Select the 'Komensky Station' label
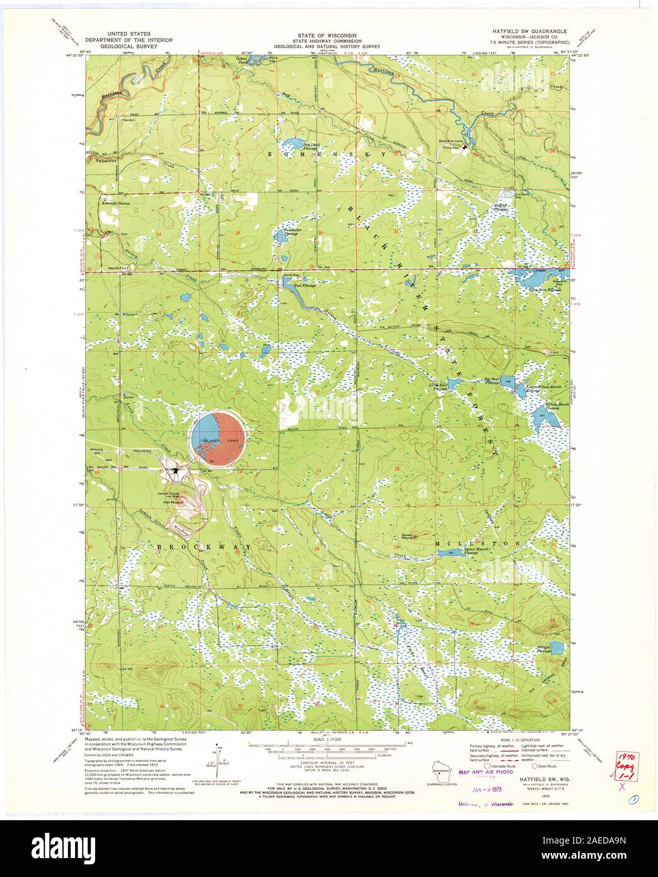(x=115, y=203)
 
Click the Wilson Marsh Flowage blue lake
(x=540, y=415)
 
